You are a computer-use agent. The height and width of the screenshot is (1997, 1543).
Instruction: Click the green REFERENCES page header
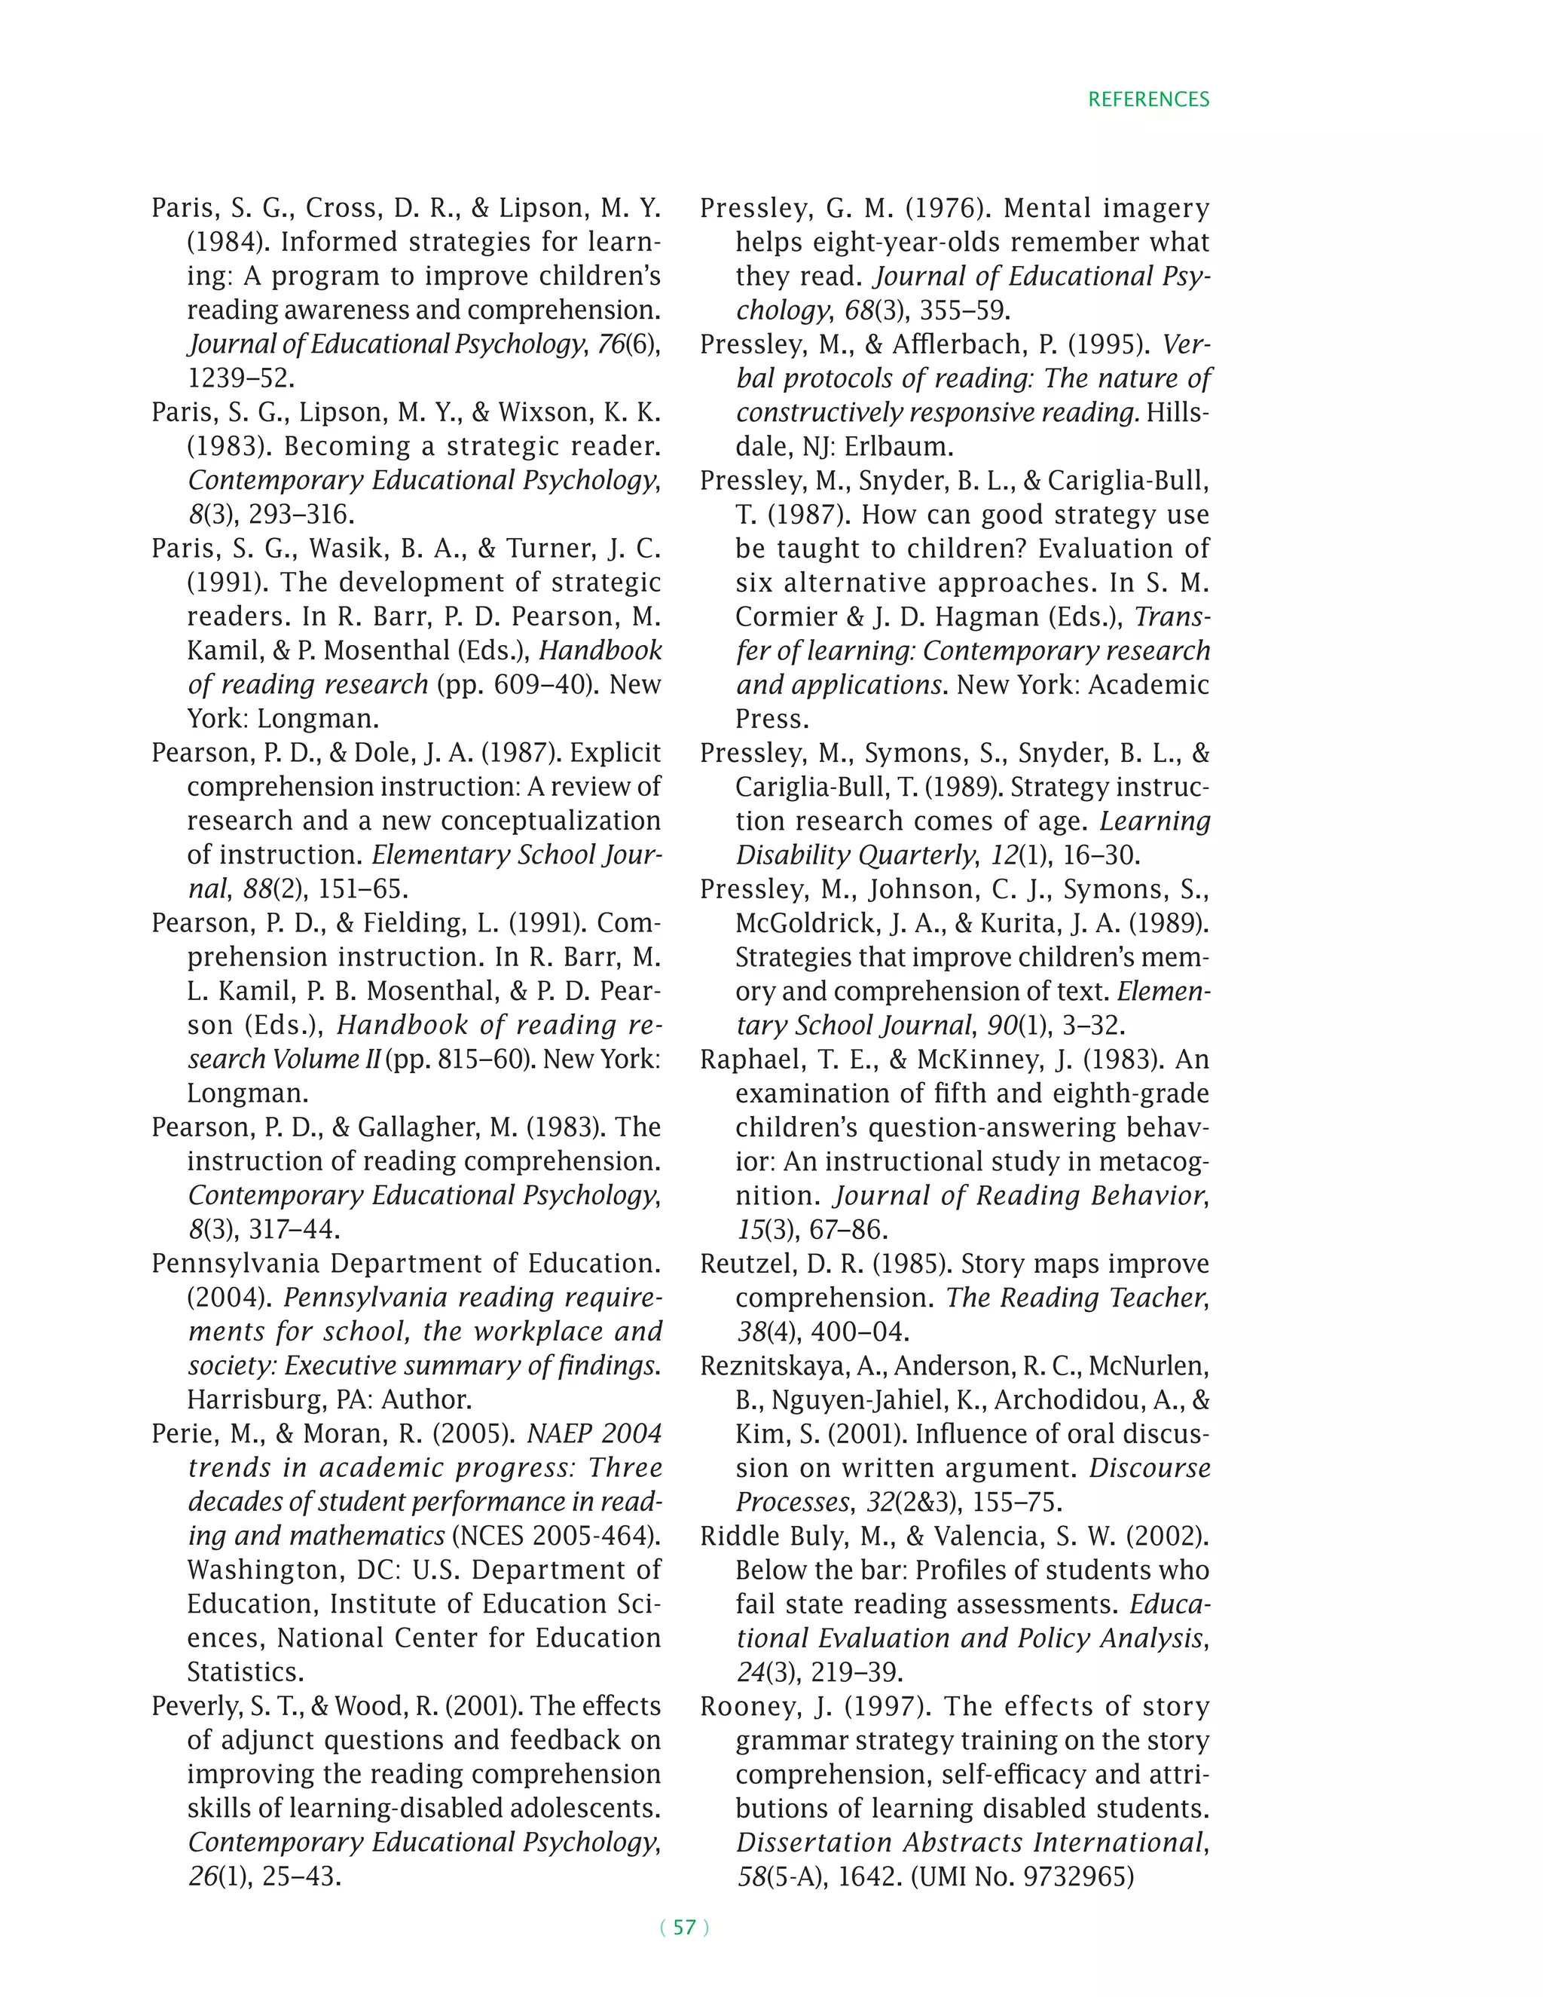[1147, 99]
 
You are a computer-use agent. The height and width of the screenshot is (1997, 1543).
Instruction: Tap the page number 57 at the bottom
[684, 1927]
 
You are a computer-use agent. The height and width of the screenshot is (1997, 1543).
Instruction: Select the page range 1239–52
[240, 378]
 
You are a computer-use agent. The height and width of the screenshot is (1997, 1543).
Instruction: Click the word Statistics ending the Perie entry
[246, 1672]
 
